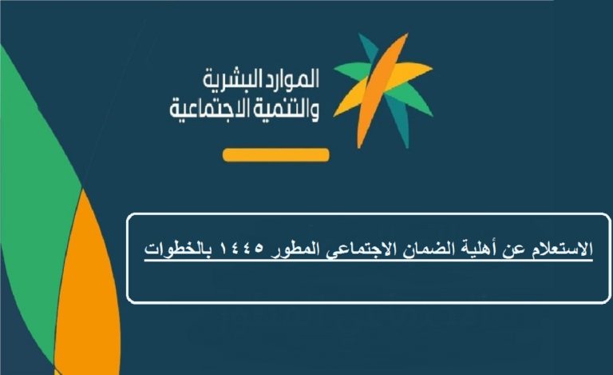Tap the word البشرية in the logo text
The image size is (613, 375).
pyautogui.click(x=227, y=79)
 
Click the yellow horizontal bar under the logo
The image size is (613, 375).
pyautogui.click(x=276, y=155)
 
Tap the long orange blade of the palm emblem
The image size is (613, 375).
pyautogui.click(x=382, y=90)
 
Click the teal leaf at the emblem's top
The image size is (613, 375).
pyautogui.click(x=369, y=48)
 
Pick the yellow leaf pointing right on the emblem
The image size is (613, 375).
pyautogui.click(x=406, y=72)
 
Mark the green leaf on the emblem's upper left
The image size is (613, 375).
pyautogui.click(x=351, y=70)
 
